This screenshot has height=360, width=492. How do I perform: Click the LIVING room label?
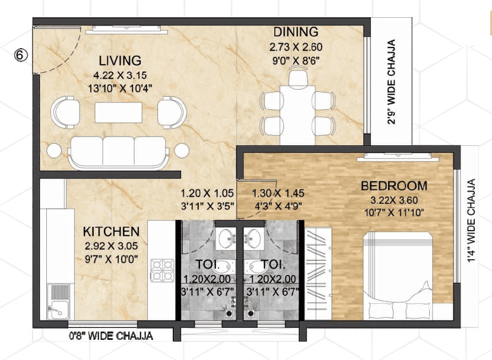[120, 60]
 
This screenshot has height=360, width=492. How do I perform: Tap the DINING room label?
[296, 32]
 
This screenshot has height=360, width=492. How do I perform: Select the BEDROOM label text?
[393, 186]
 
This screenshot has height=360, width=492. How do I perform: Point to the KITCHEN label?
[111, 231]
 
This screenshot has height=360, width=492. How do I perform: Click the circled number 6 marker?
[21, 55]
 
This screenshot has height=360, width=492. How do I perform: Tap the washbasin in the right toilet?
[254, 239]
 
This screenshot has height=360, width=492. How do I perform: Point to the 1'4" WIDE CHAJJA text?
[472, 221]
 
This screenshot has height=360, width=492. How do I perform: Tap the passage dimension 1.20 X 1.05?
[207, 193]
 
